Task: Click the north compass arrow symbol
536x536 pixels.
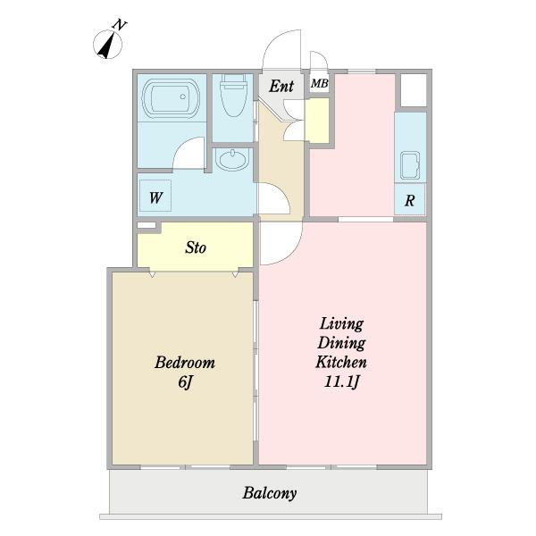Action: (x=108, y=45)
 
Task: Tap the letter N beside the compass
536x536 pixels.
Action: (x=120, y=25)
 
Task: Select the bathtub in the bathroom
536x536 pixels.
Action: (x=172, y=98)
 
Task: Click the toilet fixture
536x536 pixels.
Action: (x=234, y=96)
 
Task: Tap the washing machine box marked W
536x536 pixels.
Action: (x=155, y=196)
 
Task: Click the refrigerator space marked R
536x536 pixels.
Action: (x=410, y=199)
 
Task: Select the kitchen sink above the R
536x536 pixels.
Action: (x=410, y=166)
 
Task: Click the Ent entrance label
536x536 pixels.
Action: (x=281, y=86)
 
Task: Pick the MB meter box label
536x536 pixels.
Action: (x=320, y=83)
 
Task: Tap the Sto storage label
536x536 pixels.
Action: (x=196, y=247)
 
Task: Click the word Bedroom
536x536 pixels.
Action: (x=185, y=363)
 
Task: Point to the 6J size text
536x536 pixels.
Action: (x=185, y=381)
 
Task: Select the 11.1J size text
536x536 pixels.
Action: (x=341, y=381)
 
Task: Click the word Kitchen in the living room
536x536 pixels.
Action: (x=341, y=362)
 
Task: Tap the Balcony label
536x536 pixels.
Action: (x=270, y=493)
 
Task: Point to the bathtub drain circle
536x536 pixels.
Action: (x=183, y=96)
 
